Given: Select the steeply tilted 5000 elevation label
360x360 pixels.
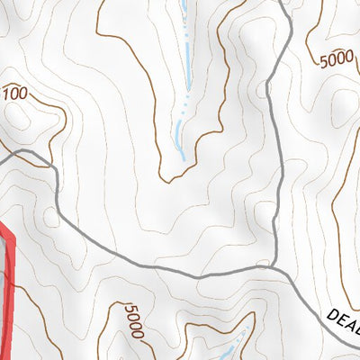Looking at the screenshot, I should (133, 320).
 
